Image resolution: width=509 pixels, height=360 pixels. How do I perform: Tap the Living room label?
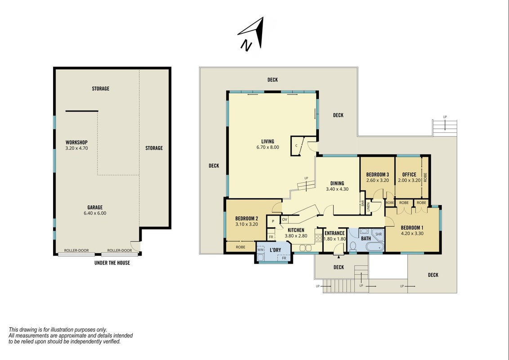click(x=268, y=141)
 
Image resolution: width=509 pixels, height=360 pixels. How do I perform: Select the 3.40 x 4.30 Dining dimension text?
click(x=337, y=189)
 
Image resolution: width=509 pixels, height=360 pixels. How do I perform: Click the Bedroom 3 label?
click(x=378, y=175)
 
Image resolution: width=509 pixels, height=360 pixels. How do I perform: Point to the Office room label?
click(x=409, y=175)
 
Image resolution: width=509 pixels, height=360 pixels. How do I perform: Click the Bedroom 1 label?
click(x=411, y=228)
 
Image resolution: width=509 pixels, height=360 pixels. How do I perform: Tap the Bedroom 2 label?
click(x=246, y=218)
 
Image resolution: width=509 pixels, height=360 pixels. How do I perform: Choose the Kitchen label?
click(x=296, y=230)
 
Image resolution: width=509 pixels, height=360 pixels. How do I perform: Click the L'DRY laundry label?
click(x=275, y=250)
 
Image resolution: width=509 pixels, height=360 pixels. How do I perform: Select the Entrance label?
click(x=335, y=233)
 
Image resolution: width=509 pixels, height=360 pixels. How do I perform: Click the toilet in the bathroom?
click(x=353, y=246)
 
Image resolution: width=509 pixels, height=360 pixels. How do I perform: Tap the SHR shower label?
click(x=379, y=234)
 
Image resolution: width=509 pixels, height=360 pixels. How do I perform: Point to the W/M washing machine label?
click(x=260, y=250)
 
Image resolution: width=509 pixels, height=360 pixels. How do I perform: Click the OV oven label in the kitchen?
click(x=284, y=220)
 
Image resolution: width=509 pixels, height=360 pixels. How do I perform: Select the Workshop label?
click(x=76, y=142)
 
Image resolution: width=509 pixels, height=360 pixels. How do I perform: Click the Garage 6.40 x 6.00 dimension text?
click(x=95, y=213)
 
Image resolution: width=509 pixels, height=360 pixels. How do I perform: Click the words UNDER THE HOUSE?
click(x=112, y=263)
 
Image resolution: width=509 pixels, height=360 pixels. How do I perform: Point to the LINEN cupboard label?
click(x=368, y=207)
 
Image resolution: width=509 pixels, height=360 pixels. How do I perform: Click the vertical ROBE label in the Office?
click(x=425, y=177)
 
